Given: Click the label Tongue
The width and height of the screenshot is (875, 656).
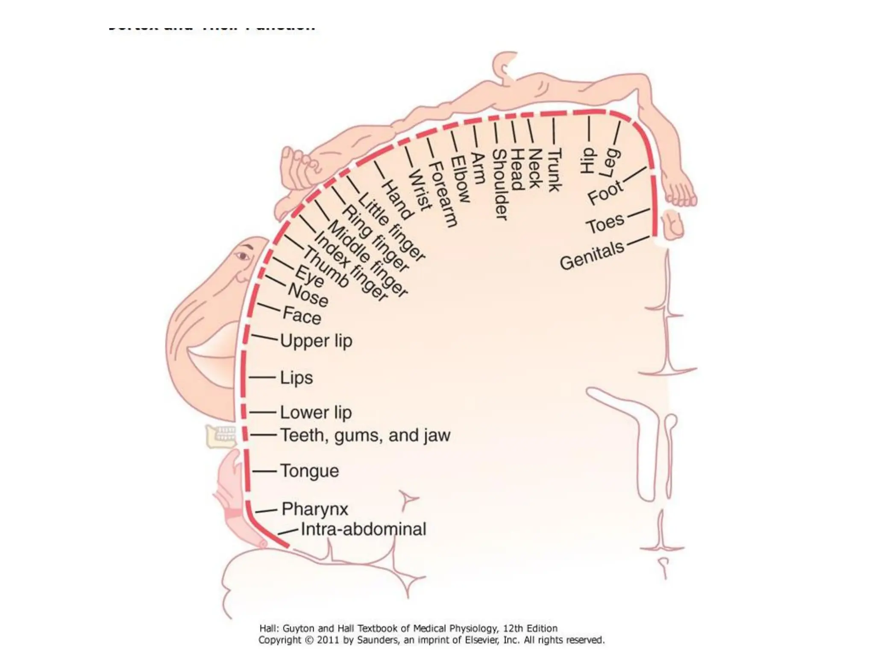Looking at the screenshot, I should pos(309,471).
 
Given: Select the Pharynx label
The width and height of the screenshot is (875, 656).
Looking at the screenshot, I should pos(315,509).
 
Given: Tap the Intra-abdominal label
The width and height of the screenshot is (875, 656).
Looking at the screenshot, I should pos(363,529).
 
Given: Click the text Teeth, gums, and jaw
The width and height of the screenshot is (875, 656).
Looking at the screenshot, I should pos(365,436).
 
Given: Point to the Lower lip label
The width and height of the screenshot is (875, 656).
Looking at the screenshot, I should pos(316,413).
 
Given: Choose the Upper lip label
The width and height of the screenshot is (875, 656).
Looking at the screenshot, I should pos(316,341).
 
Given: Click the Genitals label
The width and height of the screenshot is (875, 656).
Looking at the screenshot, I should pos(592,255).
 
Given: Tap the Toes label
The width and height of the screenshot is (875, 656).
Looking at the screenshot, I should pos(605,223).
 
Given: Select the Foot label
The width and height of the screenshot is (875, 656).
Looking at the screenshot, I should pos(605,193).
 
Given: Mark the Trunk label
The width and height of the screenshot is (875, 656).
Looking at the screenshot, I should pos(554,170).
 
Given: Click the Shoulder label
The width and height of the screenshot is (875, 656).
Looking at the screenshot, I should pos(500,184).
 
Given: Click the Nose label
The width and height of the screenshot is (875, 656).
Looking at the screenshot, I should pos(308,295).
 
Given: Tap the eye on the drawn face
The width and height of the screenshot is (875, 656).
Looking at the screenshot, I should pos(243,256).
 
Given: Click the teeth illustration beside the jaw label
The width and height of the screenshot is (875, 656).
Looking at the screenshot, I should pos(221,436).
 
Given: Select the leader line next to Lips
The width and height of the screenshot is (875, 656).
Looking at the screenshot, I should pos(262,378).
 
